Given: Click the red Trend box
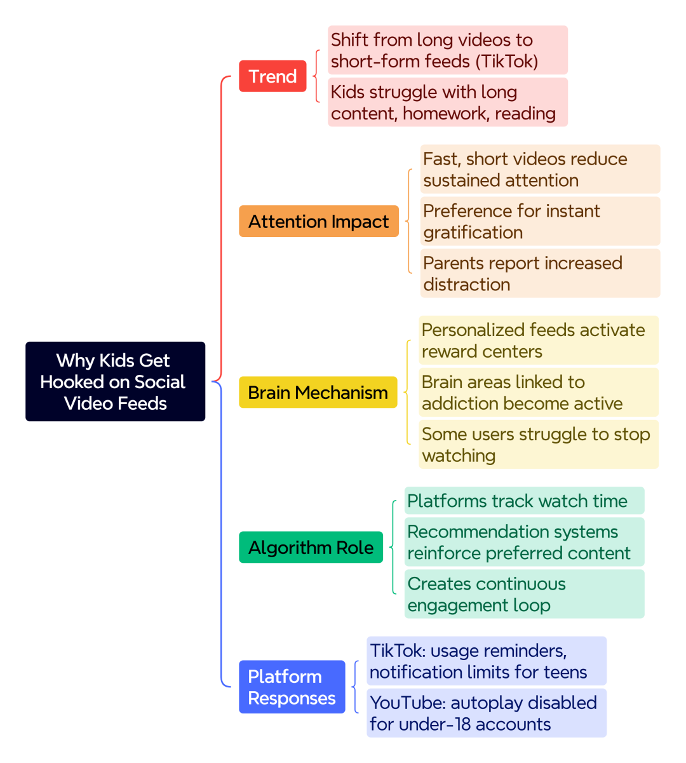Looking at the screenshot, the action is (272, 76).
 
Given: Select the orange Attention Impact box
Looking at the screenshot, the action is (319, 221).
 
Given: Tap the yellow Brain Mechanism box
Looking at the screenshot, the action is (318, 392).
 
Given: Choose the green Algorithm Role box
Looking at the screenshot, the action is (311, 547).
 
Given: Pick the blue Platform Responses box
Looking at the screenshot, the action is (292, 687).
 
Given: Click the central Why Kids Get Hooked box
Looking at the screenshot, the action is (115, 381).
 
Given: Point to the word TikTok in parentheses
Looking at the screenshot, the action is (507, 61).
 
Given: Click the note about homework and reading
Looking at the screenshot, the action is (448, 102).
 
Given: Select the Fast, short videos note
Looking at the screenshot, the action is (541, 169).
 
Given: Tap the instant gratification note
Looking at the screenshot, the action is (541, 221).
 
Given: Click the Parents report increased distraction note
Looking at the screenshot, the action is (541, 273).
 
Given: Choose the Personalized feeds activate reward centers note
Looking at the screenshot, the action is (539, 340).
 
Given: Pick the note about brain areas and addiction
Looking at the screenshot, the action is (539, 392).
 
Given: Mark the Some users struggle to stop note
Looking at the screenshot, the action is (539, 444).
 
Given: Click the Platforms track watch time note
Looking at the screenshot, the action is (524, 500).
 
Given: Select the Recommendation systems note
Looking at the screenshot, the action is (524, 542).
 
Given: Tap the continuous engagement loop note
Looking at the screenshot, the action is (524, 594).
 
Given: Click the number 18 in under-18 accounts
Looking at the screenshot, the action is (463, 724).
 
